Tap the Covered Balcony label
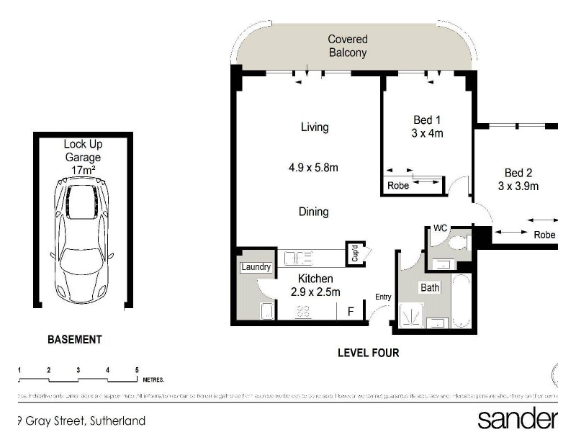click(348, 46)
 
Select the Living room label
click(314, 127)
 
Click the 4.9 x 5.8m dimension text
click(313, 168)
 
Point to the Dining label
click(313, 212)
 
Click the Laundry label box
click(256, 267)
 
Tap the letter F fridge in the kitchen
click(351, 312)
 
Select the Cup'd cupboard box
click(354, 253)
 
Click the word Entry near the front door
click(384, 297)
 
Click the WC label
click(440, 228)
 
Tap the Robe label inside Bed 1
click(398, 185)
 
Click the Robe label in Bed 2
click(544, 235)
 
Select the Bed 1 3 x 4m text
click(427, 126)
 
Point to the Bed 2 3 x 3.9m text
click(518, 179)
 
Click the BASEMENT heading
click(74, 339)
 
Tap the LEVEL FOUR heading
click(368, 353)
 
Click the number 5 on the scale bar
click(137, 369)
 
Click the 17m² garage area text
click(83, 170)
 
